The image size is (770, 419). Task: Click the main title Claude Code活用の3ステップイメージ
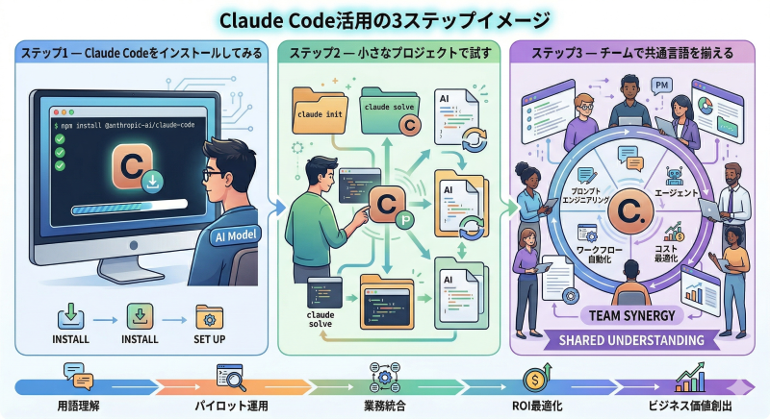[x=385, y=18]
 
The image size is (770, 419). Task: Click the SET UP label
[x=209, y=339]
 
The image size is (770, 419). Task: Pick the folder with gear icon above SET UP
[x=209, y=317]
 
